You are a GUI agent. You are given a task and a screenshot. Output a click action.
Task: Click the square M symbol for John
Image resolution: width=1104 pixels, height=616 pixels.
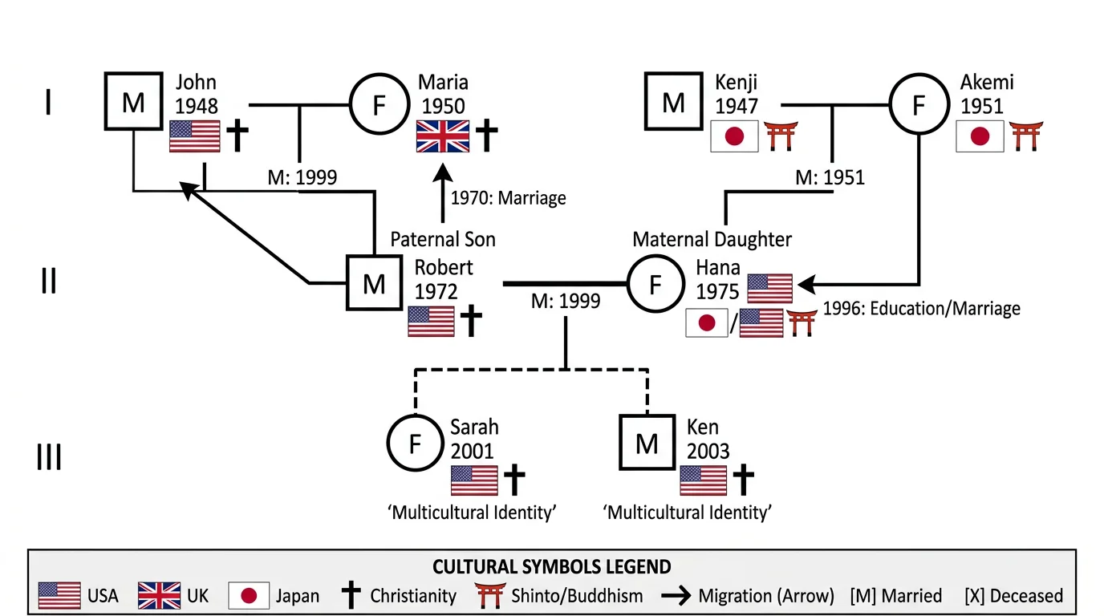pos(133,102)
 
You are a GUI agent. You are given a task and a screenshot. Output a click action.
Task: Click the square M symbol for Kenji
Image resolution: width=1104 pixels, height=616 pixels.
pos(673,102)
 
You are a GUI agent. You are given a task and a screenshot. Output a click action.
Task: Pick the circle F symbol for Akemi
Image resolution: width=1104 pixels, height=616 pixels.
pos(919,104)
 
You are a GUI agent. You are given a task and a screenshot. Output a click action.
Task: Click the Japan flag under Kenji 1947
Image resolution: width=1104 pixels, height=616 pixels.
pos(734,136)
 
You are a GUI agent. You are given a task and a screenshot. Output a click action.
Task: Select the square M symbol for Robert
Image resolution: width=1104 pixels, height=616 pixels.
pos(374,283)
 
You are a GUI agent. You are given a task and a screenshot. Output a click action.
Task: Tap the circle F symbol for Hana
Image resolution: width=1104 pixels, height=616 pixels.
pos(655,284)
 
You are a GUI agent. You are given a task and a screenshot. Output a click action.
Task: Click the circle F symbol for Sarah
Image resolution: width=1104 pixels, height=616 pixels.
pos(415,443)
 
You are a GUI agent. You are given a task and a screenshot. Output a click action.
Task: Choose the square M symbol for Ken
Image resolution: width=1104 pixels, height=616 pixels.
pos(647,443)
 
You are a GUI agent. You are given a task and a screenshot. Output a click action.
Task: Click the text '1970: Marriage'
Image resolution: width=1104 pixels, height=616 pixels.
pos(508,197)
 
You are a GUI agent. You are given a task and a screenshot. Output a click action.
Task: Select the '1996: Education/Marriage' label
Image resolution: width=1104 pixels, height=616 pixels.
pos(921,308)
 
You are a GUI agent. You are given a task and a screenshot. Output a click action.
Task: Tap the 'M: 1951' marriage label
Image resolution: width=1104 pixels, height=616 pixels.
pos(830,177)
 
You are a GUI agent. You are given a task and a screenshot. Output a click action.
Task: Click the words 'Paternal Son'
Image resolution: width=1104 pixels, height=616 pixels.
pos(443,239)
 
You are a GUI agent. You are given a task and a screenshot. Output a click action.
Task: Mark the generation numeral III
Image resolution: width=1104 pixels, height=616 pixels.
pos(49,458)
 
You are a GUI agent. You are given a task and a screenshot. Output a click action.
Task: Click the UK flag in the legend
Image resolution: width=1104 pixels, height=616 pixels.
pos(159,596)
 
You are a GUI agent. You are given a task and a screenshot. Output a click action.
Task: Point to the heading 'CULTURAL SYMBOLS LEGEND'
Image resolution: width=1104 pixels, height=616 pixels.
pos(551,567)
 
